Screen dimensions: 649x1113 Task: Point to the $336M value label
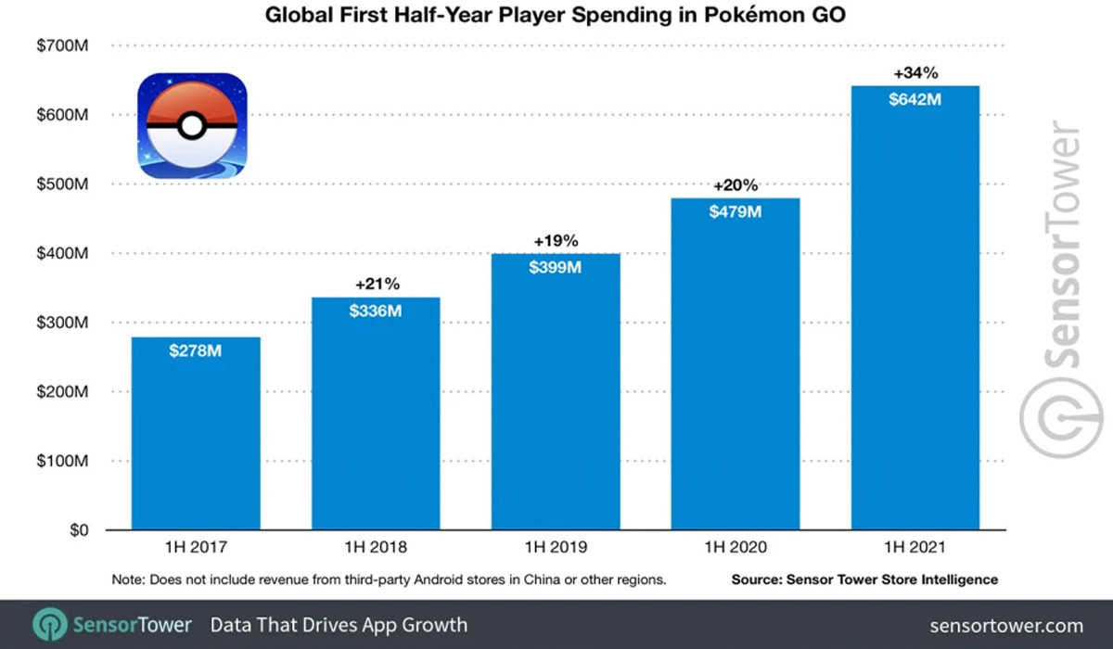(376, 311)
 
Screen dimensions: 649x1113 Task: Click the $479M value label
(736, 211)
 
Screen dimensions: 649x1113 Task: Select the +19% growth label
(556, 241)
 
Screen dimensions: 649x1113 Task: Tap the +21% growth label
(376, 284)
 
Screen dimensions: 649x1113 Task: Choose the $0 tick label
(76, 530)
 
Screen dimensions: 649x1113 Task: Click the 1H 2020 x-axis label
(736, 547)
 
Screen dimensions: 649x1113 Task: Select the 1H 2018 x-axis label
(376, 547)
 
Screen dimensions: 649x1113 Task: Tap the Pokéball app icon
(193, 126)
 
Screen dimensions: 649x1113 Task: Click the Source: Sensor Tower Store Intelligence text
(864, 579)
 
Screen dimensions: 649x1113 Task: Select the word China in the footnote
(550, 579)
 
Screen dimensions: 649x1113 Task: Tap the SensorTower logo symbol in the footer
(48, 624)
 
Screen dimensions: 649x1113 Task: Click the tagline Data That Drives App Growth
(339, 625)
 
